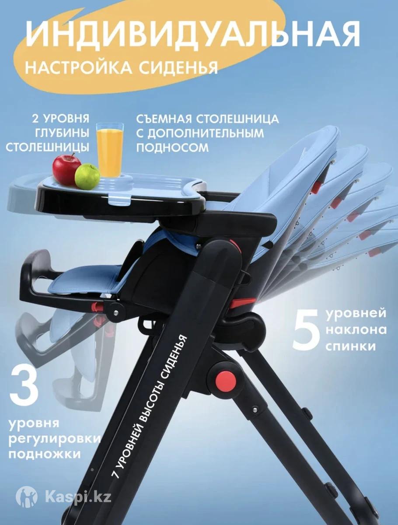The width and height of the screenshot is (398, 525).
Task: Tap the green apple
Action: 87,176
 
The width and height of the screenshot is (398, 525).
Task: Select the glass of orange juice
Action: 110,150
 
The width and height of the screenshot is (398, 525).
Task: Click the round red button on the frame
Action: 226,382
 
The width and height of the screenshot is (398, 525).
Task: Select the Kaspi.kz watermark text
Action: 78,495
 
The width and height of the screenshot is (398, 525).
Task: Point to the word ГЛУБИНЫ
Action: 62,133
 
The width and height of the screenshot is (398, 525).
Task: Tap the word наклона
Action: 356,330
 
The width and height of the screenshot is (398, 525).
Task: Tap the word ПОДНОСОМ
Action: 173,148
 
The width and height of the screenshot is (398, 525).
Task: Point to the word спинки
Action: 351,346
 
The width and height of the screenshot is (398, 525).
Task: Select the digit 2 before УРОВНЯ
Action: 35,119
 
